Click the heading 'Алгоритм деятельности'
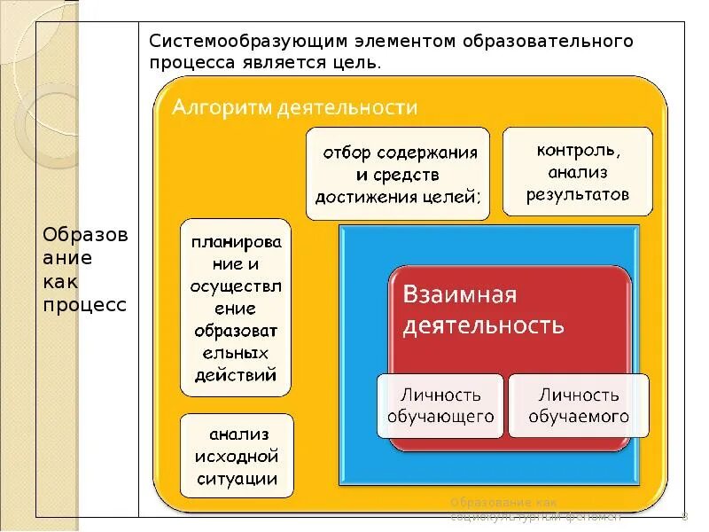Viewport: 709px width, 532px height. pos(294,108)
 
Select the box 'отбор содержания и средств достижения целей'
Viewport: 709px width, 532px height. pos(397,174)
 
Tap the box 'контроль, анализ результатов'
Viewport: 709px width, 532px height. pos(577,171)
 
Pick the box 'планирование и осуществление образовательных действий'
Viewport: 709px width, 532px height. pos(235,307)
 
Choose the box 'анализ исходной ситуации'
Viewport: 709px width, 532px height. pos(236,457)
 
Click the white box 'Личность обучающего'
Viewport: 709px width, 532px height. pos(440,405)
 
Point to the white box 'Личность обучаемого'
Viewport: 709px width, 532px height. pos(579,405)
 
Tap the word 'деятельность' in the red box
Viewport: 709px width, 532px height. pos(483,325)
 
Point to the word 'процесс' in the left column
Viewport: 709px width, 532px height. pos(85,304)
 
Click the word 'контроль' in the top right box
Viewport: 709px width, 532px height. pos(577,149)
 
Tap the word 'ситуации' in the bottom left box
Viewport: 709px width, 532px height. pos(236,480)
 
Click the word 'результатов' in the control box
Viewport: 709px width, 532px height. pos(577,194)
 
